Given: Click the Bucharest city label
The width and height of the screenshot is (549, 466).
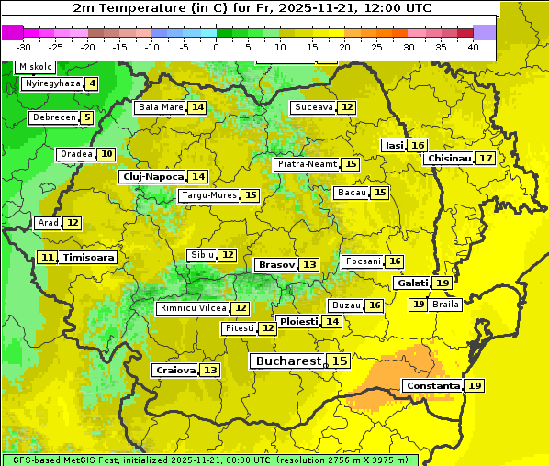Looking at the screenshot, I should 287,361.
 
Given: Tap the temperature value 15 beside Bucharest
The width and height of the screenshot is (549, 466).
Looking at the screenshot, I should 340,361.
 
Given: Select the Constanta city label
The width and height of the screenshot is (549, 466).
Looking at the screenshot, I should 432,386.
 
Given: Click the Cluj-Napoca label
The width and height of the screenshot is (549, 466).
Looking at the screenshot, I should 151,176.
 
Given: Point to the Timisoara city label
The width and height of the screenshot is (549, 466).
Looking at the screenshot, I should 89,258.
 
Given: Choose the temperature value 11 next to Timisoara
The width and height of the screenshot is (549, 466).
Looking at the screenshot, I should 48,258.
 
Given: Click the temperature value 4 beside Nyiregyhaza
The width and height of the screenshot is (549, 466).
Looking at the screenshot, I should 92,83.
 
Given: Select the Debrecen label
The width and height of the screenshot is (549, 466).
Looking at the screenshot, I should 52,117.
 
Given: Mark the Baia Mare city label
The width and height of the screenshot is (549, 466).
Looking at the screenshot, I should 161,107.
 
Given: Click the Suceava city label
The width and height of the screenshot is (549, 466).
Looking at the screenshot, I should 313,107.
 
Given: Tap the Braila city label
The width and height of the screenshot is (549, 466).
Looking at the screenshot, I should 445,305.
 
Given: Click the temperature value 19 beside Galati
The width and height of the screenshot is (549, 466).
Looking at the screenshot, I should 443,283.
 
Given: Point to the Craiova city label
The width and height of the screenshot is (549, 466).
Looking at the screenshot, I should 175,371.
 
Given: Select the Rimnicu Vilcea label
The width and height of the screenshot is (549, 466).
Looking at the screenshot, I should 192,308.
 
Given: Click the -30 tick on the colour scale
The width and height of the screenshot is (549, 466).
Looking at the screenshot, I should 24,46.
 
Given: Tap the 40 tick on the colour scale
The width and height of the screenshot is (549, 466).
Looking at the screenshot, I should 472,46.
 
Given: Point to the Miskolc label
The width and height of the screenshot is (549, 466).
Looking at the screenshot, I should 36,67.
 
